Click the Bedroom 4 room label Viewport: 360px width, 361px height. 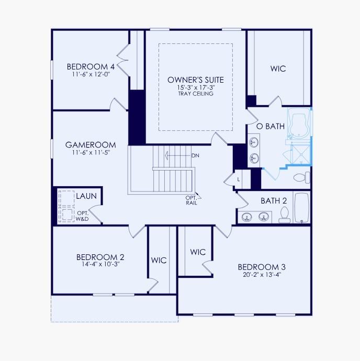tap(91, 67)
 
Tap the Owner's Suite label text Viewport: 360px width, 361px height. tap(196, 80)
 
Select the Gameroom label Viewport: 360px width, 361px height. tap(91, 145)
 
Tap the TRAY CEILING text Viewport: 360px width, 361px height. tap(196, 94)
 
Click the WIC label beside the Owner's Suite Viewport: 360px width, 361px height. tap(278, 69)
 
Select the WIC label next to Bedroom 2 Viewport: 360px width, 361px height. tap(159, 260)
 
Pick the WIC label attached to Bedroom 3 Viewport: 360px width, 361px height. tap(198, 252)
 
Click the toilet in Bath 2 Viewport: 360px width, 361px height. tap(285, 214)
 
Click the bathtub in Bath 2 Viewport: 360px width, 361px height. tap(302, 208)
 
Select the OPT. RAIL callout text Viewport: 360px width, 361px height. tap(191, 200)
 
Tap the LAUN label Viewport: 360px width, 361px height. tap(86, 196)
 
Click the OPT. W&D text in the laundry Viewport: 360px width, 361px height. tap(83, 216)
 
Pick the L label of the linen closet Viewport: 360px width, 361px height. tap(239, 179)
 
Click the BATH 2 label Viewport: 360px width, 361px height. tap(274, 200)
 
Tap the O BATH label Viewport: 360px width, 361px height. tap(270, 126)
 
